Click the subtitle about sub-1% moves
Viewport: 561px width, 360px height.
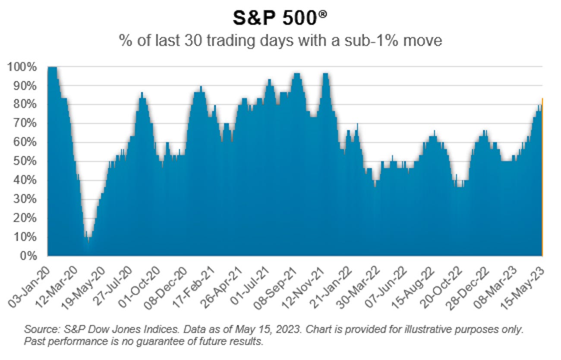coord(280,41)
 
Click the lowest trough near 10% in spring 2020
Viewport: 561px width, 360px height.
coord(88,242)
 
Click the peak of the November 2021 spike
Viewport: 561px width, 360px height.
coord(326,75)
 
